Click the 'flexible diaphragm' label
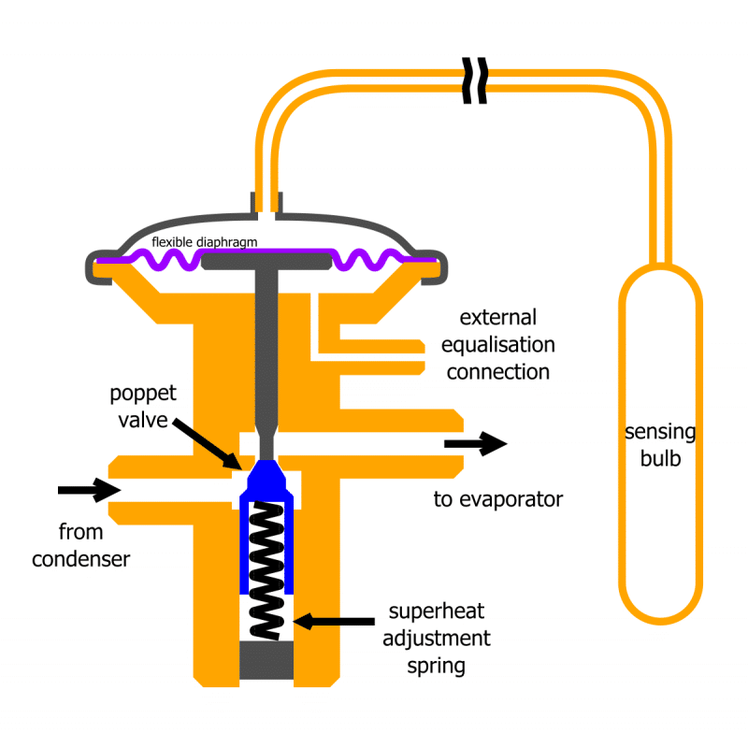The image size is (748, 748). click(x=204, y=242)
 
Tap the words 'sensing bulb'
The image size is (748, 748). click(x=660, y=445)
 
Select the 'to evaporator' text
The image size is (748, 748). click(x=498, y=499)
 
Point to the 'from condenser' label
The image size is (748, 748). click(x=80, y=545)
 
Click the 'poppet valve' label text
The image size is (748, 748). click(x=143, y=407)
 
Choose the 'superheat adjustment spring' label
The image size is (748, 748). click(x=437, y=639)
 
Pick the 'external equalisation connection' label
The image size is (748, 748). click(x=498, y=344)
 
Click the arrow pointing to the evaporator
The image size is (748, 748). click(x=476, y=443)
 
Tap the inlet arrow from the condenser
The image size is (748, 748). click(x=90, y=490)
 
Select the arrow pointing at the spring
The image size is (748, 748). click(x=334, y=621)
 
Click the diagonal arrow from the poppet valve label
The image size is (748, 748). click(x=208, y=444)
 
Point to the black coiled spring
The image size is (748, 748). click(x=266, y=570)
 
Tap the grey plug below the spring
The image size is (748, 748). click(x=266, y=660)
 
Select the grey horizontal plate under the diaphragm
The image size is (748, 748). click(x=266, y=261)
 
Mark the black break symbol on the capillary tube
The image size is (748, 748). click(x=475, y=80)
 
